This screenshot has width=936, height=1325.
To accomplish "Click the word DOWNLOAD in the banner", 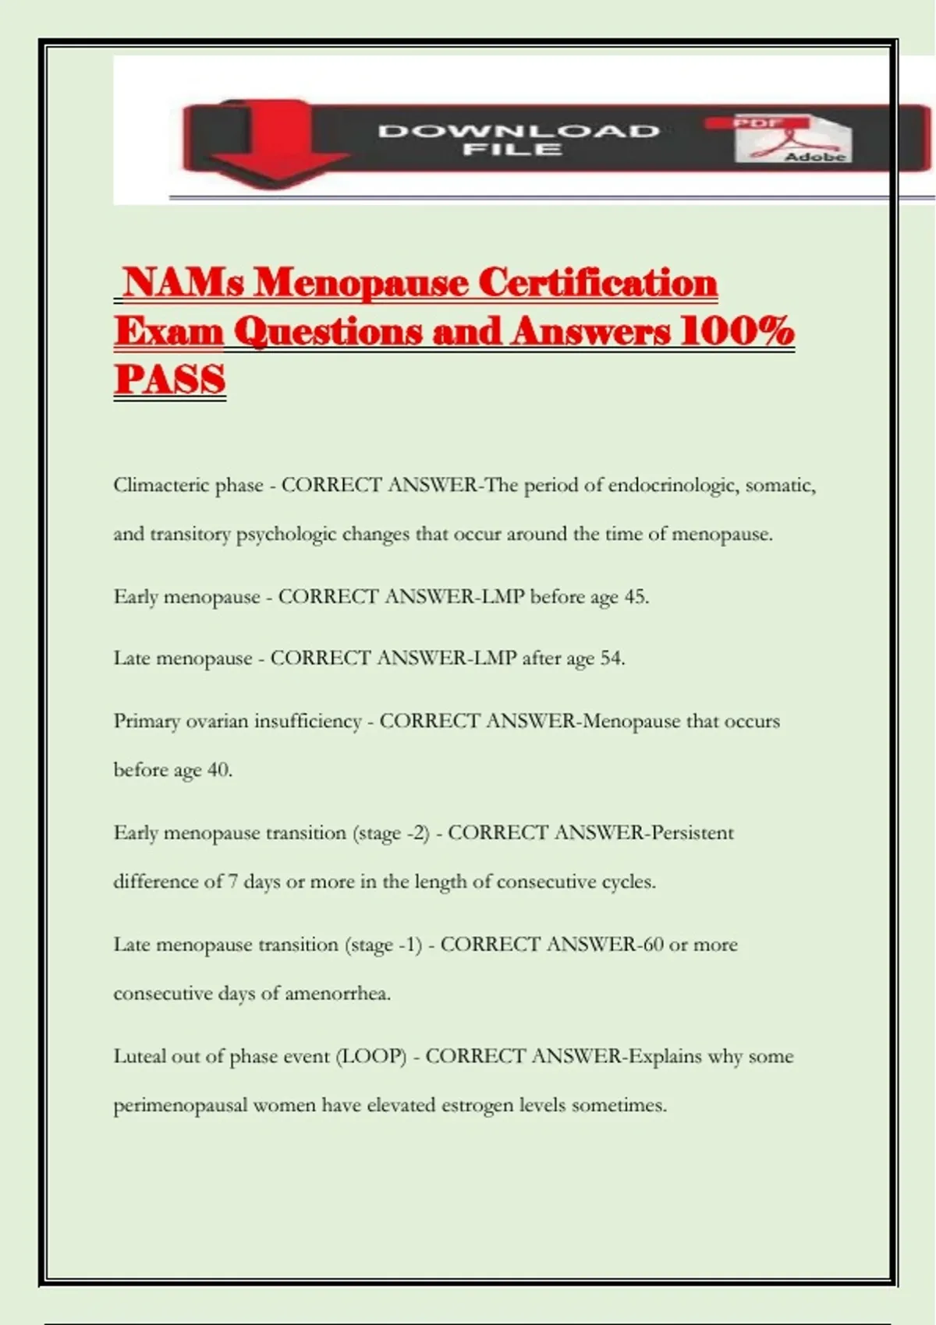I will [x=519, y=131].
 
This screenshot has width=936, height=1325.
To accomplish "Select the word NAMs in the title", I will [x=183, y=282].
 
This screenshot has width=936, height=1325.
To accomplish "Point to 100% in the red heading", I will [x=736, y=331].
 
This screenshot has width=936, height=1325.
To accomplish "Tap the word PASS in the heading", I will [x=169, y=380].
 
